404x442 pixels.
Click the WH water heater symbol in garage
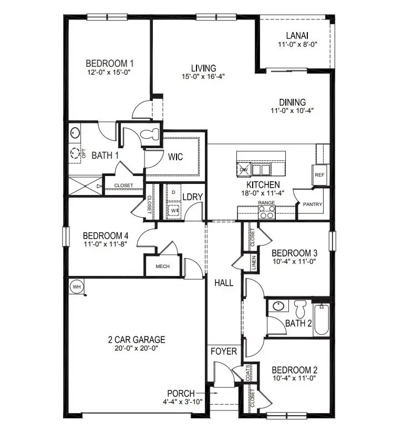click(x=76, y=286)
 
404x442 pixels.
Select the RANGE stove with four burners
click(x=266, y=212)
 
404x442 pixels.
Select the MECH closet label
click(x=162, y=266)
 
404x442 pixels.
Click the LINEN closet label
click(x=254, y=261)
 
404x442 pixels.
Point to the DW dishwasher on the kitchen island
click(x=243, y=170)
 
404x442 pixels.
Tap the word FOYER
click(x=224, y=351)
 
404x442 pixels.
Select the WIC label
click(x=175, y=157)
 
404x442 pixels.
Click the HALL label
click(x=224, y=283)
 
